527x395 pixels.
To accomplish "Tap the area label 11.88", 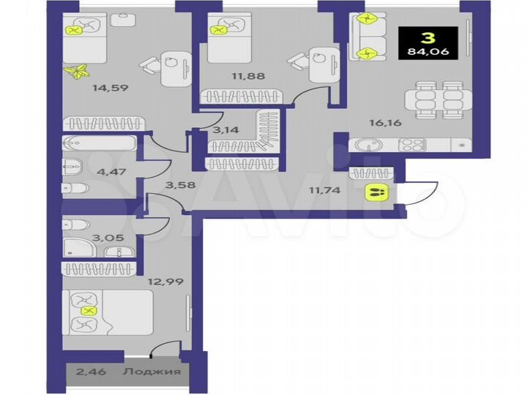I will click(226, 74).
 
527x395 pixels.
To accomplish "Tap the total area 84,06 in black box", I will click(429, 52).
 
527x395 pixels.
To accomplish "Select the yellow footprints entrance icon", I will click(376, 192).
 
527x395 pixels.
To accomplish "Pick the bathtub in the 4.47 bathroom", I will click(100, 143).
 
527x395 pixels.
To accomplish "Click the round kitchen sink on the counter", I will click(364, 145).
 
